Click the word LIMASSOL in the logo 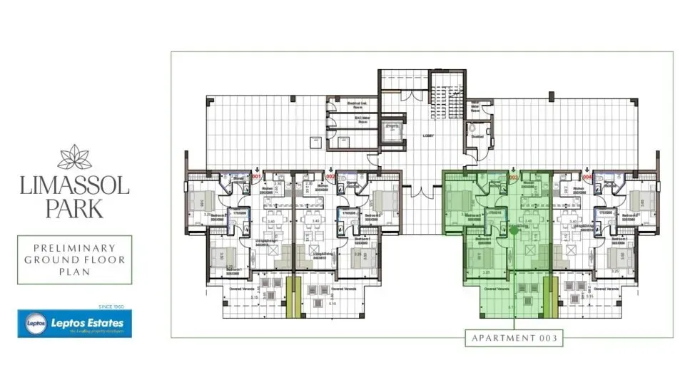click(x=74, y=186)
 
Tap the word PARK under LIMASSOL click(x=74, y=208)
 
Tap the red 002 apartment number click(x=330, y=175)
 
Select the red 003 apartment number click(x=513, y=176)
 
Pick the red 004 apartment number click(x=587, y=176)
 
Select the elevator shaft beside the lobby click(x=392, y=131)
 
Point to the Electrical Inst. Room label click(x=337, y=104)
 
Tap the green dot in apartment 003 click(x=513, y=230)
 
